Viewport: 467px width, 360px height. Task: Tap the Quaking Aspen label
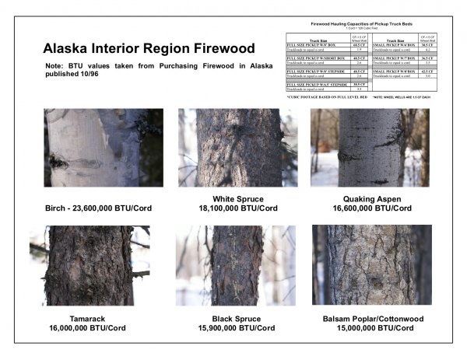click(x=370, y=199)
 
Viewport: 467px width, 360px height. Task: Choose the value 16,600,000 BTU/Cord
click(x=370, y=208)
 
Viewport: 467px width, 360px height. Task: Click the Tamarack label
click(x=82, y=319)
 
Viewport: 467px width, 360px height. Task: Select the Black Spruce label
click(x=236, y=319)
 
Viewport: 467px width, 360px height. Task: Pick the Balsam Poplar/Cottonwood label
click(x=372, y=319)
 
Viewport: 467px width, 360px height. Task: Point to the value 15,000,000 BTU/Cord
click(x=372, y=328)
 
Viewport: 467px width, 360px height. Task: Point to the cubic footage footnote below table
click(x=321, y=96)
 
